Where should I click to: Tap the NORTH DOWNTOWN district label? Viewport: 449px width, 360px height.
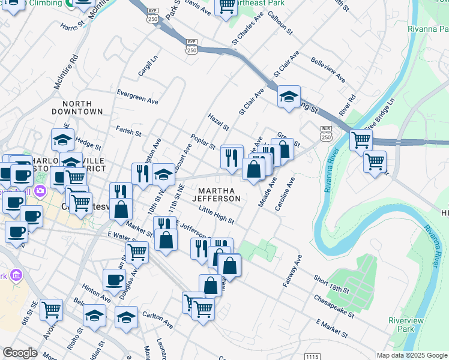[77, 107]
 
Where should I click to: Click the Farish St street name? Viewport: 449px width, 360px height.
[128, 130]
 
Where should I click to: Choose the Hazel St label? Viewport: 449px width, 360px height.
[218, 122]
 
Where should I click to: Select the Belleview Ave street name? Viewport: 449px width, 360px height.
[328, 70]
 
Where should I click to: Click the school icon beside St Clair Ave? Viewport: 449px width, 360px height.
[289, 97]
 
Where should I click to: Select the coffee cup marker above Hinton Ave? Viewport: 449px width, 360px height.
[114, 279]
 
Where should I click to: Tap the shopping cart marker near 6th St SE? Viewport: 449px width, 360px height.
[51, 309]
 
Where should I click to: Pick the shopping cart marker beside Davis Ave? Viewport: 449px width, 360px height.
[226, 7]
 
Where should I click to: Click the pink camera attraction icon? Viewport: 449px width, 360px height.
[40, 191]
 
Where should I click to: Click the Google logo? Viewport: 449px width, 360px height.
[20, 353]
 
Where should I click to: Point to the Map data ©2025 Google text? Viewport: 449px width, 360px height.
[411, 355]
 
